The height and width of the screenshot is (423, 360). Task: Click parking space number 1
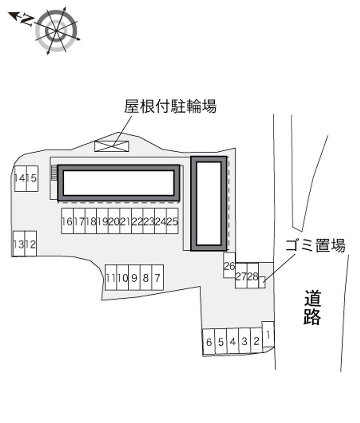pyautogui.click(x=268, y=334)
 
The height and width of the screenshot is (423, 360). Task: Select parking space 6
pyautogui.click(x=209, y=342)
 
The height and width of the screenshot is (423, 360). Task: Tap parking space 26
pyautogui.click(x=229, y=265)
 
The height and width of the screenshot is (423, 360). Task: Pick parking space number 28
pyautogui.click(x=253, y=275)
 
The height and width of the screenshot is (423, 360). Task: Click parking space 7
pyautogui.click(x=157, y=277)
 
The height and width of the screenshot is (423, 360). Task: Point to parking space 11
pyautogui.click(x=111, y=277)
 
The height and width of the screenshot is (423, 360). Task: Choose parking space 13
pyautogui.click(x=18, y=243)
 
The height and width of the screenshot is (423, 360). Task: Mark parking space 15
pyautogui.click(x=32, y=179)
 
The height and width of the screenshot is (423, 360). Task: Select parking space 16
pyautogui.click(x=67, y=221)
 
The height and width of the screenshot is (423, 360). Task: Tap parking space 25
pyautogui.click(x=172, y=221)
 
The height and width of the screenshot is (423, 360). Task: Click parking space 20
pyautogui.click(x=114, y=221)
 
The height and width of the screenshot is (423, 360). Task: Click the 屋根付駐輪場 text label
pyautogui.click(x=170, y=106)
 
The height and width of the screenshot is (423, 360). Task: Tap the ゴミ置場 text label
pyautogui.click(x=315, y=245)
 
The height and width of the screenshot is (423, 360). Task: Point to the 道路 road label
pyautogui.click(x=312, y=307)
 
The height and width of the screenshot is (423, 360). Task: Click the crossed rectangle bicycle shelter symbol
pyautogui.click(x=112, y=146)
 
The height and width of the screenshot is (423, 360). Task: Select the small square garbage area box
pyautogui.click(x=262, y=283)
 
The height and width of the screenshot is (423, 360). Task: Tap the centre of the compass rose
pyautogui.click(x=56, y=31)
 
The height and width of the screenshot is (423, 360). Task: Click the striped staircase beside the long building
pyautogui.click(x=54, y=173)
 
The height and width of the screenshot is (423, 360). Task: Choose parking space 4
pyautogui.click(x=233, y=342)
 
